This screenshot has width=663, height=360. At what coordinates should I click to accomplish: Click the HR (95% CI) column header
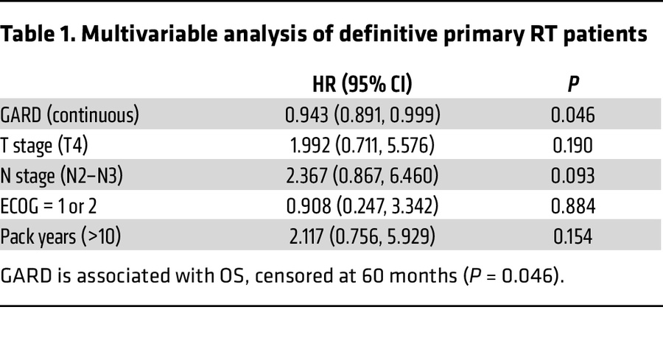[362, 85]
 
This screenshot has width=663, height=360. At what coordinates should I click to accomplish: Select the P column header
[573, 85]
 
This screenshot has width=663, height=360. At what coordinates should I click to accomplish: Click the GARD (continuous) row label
[69, 116]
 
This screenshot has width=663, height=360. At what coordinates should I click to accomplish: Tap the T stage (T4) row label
[44, 146]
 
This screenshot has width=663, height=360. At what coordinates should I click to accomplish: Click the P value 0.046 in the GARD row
[574, 116]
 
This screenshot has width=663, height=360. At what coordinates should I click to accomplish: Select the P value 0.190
[574, 146]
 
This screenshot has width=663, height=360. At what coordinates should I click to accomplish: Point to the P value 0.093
[574, 177]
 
